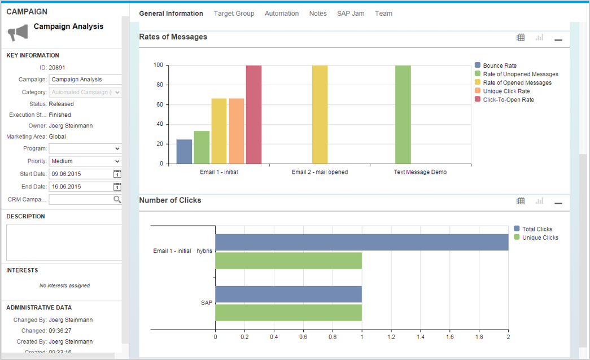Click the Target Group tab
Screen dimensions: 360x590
coord(234,14)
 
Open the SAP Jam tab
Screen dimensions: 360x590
coord(351,14)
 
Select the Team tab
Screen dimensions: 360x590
coord(383,14)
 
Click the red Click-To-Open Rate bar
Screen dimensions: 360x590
coord(254,115)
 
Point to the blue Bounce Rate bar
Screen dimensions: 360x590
coord(184,151)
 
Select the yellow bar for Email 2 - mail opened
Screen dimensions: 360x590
coord(320,115)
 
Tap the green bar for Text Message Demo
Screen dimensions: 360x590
coord(403,115)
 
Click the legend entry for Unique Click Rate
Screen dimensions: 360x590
coord(506,91)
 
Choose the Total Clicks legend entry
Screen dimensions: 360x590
coord(536,229)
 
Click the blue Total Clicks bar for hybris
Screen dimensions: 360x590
coord(361,242)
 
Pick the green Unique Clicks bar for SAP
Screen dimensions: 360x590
coord(288,313)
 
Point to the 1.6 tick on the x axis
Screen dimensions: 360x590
coord(449,337)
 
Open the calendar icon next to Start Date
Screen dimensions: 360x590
coord(117,174)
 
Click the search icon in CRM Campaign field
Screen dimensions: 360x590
coord(117,200)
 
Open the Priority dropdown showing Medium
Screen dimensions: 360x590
coord(85,161)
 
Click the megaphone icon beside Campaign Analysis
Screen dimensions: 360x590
coord(18,33)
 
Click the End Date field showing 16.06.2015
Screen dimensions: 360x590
coord(80,187)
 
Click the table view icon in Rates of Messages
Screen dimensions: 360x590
coord(521,38)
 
